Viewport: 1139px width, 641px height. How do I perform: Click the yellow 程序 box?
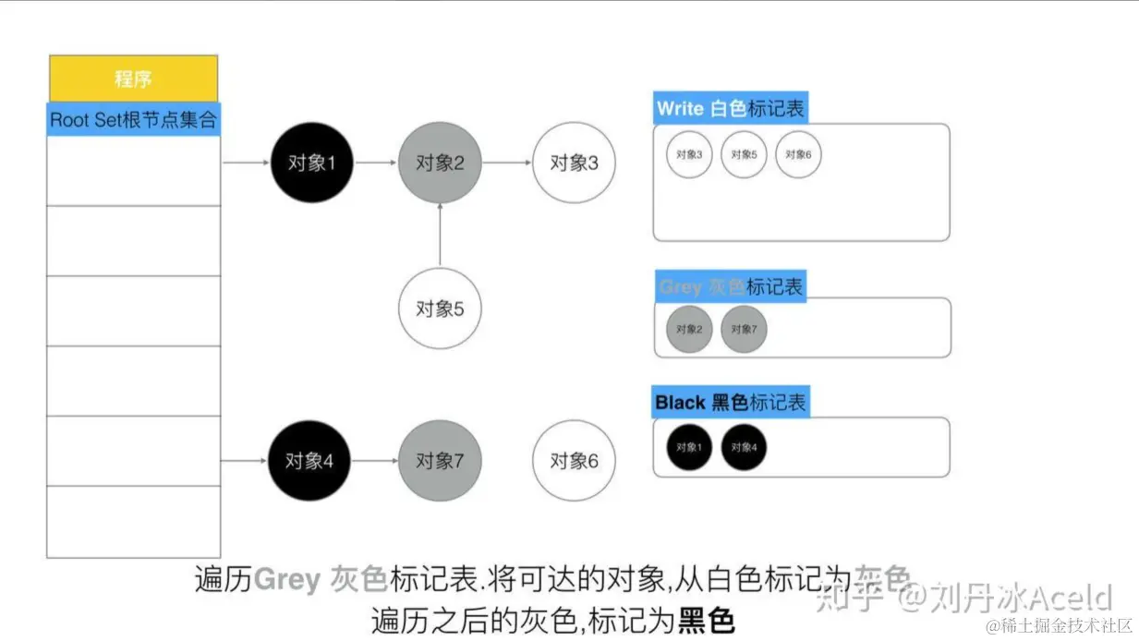133,79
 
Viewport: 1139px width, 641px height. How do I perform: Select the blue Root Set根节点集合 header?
134,119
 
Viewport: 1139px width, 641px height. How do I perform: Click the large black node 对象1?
312,163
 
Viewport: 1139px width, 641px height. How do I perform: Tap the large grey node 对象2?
440,163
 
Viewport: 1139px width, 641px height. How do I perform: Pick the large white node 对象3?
574,163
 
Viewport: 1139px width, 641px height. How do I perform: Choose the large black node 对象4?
309,460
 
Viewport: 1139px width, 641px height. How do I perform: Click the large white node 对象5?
440,308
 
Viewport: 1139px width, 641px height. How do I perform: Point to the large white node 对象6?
574,460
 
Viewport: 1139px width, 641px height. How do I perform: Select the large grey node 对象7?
440,460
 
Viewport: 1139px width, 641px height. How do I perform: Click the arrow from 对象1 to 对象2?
376,163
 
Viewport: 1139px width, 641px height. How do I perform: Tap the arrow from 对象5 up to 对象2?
440,236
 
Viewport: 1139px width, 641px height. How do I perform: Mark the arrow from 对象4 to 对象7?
374,460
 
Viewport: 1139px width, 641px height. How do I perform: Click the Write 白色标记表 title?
730,108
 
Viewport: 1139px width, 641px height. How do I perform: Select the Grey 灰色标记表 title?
730,286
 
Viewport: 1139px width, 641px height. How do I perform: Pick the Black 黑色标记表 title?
730,403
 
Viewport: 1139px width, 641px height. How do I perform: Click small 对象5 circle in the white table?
744,154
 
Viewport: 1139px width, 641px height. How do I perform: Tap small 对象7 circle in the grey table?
744,329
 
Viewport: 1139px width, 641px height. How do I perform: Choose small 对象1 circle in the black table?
689,447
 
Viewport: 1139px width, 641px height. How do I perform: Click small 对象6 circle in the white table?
798,154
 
